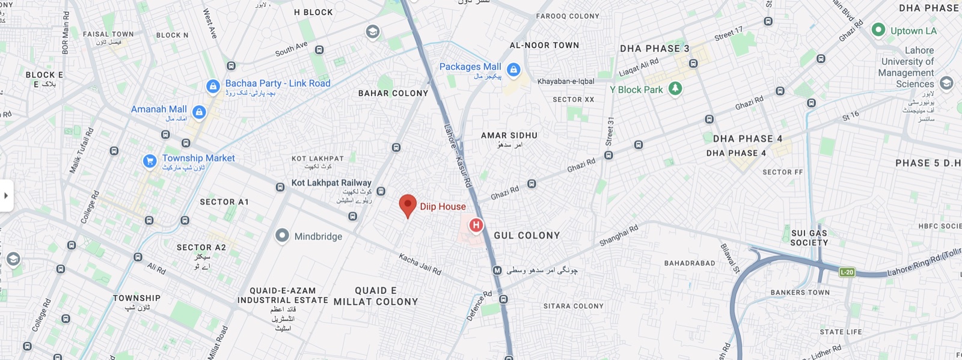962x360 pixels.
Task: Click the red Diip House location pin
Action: point(408,205)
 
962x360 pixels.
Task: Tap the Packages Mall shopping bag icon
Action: point(513,70)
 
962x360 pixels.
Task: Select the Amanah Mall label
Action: point(159,109)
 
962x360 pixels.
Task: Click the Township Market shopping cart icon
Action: point(150,161)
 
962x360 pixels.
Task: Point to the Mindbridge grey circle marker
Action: point(282,236)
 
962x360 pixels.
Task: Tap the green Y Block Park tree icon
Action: point(675,89)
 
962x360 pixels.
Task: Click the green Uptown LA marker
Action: point(878,29)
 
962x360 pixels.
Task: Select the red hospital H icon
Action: point(476,225)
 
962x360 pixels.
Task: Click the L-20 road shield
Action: point(847,272)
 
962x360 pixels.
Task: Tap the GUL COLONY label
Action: point(527,236)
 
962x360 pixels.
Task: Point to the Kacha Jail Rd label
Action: point(420,263)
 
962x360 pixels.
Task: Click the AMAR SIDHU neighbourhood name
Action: point(509,136)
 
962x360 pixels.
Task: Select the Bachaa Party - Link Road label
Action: point(278,84)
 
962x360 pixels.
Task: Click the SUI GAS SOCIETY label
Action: point(809,237)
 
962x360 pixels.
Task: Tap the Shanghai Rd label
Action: point(619,236)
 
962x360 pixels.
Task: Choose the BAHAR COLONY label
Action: point(393,93)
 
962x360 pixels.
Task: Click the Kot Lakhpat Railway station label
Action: point(331,183)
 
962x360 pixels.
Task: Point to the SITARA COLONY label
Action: point(573,306)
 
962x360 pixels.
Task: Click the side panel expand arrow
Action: point(6,195)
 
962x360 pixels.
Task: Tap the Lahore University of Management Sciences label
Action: point(907,67)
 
